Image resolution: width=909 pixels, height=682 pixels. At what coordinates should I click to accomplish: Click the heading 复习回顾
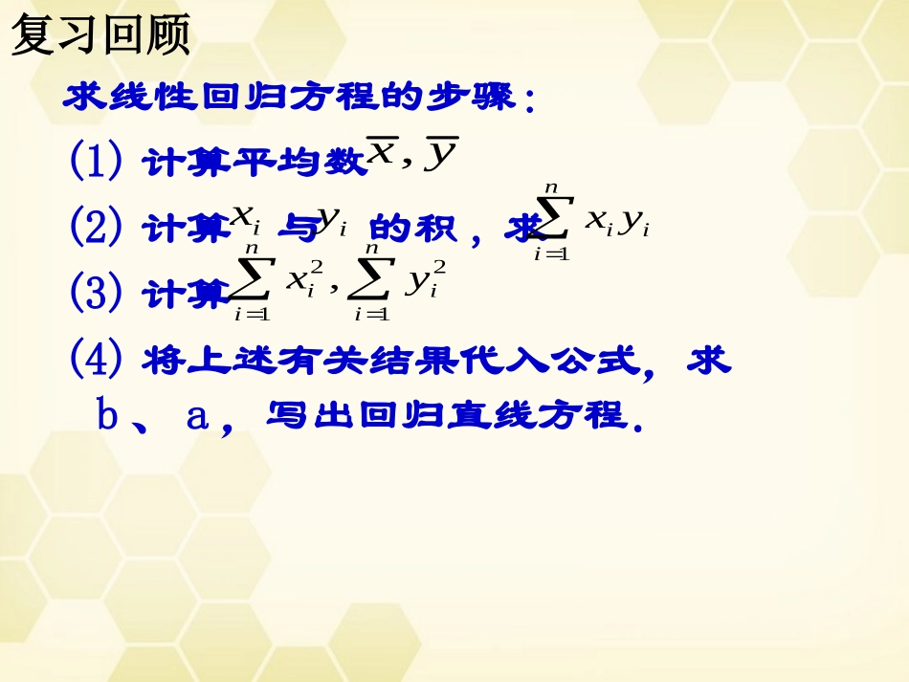[101, 35]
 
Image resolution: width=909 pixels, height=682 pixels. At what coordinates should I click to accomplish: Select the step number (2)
[96, 227]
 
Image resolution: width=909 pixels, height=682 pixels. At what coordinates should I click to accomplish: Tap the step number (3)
[96, 291]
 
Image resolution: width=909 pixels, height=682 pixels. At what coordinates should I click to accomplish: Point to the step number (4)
[96, 360]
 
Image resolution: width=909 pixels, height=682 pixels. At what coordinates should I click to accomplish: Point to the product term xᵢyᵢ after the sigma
[617, 224]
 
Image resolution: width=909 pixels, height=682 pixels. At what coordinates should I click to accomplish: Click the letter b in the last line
[107, 416]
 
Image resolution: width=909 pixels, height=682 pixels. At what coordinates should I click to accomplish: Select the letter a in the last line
[197, 417]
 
